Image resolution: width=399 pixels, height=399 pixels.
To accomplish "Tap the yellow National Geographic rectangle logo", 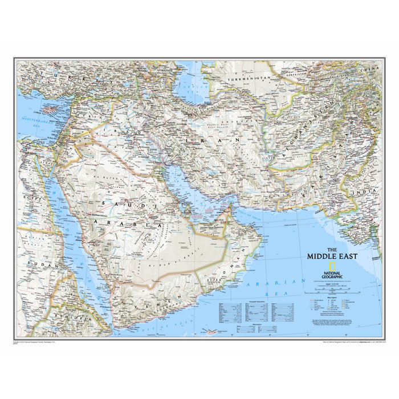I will [x=330, y=266].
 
